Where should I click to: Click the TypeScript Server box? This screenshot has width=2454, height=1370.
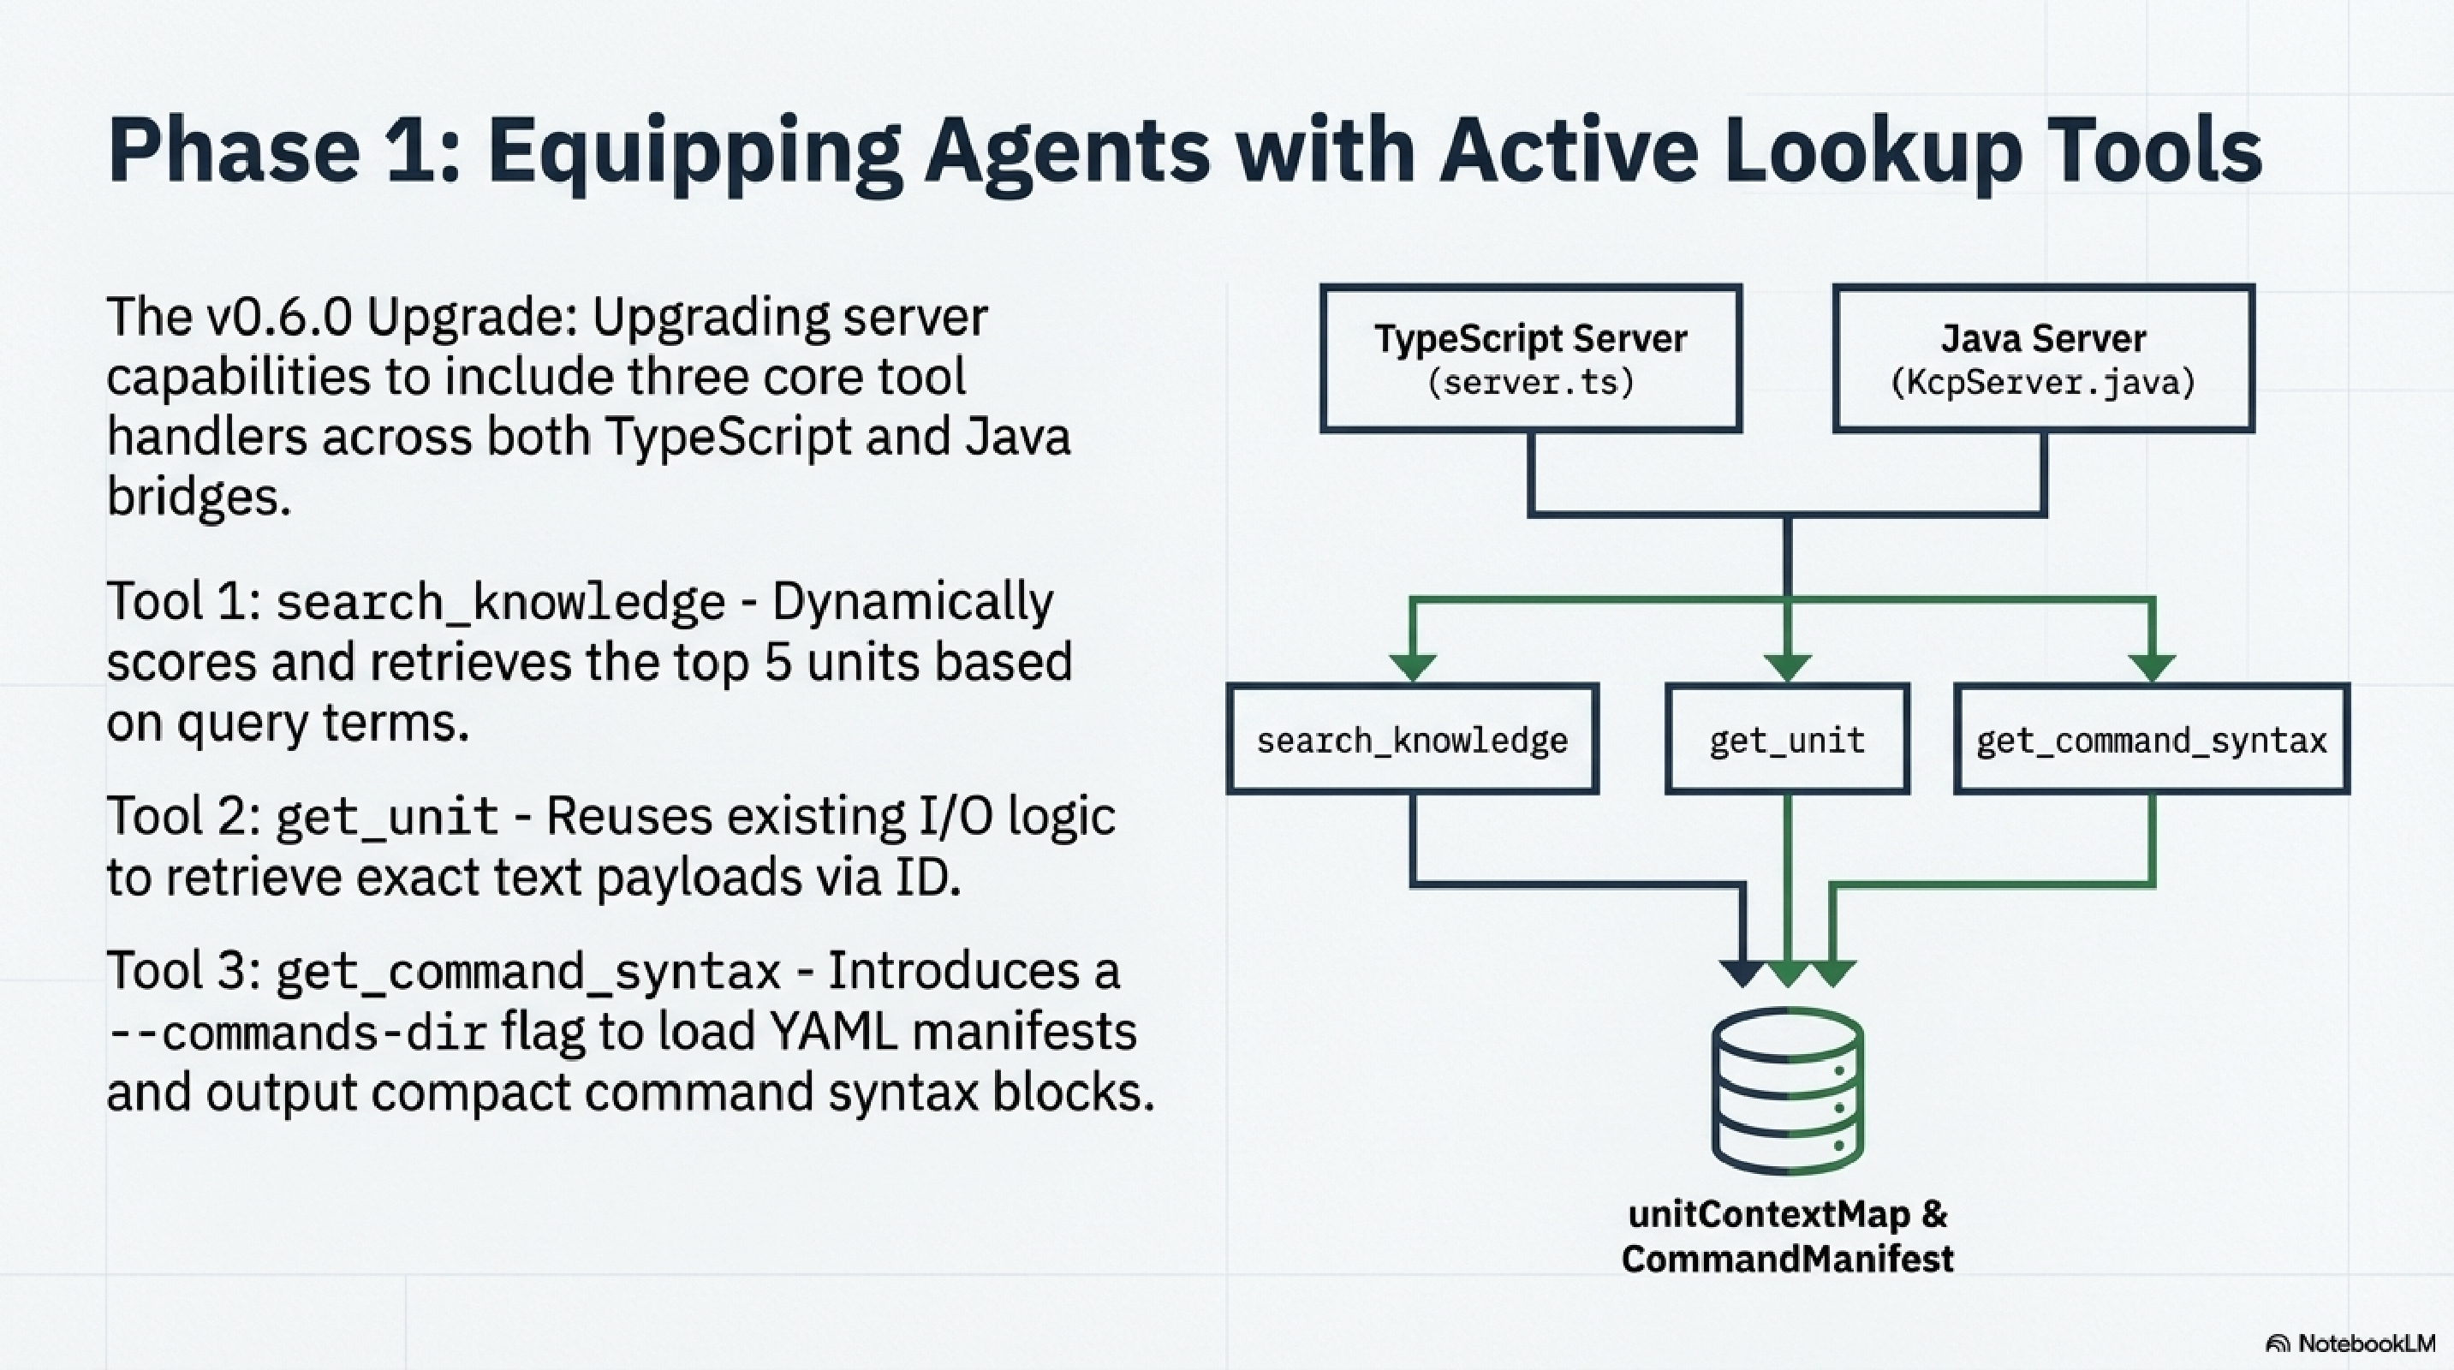1530,358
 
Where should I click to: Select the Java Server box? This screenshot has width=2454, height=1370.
2042,358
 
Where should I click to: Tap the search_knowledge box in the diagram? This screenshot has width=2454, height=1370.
1412,739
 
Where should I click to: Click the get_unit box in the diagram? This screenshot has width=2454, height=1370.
1786,739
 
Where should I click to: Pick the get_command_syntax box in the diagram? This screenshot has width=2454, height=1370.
2151,739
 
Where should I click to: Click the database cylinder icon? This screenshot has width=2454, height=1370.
1787,1091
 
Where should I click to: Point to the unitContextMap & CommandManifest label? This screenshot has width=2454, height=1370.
1787,1236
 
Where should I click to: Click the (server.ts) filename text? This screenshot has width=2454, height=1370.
1530,383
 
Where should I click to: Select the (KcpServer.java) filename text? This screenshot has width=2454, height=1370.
2042,383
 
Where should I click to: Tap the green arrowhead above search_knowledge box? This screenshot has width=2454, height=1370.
1412,668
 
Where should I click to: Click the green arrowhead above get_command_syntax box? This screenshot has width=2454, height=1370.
2151,668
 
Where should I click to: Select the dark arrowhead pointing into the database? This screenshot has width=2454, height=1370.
1743,974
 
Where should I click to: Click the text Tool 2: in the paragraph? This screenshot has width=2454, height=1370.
184,818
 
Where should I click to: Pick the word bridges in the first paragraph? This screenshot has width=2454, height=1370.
197,497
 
